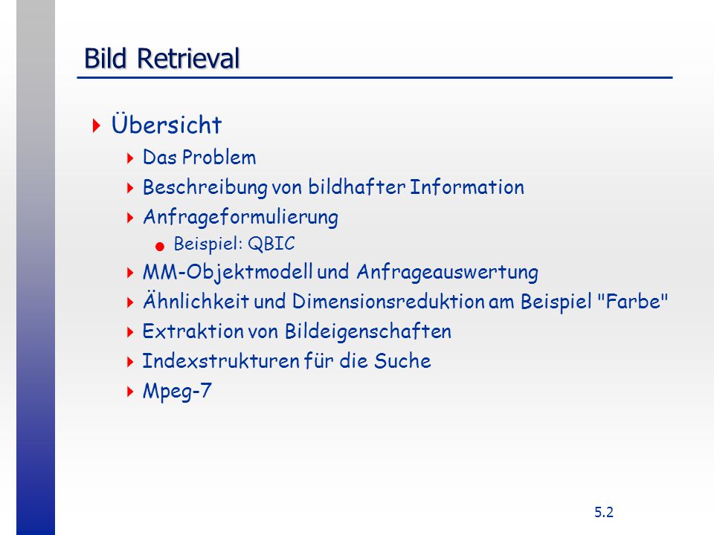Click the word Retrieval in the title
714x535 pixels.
[x=188, y=58]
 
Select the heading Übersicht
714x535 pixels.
[x=166, y=124]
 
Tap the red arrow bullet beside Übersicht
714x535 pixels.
[x=96, y=126]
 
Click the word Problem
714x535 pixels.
[x=219, y=158]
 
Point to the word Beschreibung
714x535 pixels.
[x=205, y=188]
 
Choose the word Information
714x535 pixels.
[x=467, y=187]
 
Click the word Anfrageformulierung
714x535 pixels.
[x=240, y=218]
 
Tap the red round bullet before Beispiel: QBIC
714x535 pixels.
[x=159, y=247]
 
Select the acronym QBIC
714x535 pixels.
[x=271, y=244]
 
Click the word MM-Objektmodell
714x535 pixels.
[x=228, y=273]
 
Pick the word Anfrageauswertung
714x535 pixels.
[x=447, y=273]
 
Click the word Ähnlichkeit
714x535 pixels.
[x=196, y=300]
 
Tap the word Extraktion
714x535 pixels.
[x=193, y=331]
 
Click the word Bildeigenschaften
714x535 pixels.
[x=368, y=331]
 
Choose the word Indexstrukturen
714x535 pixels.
[x=220, y=361]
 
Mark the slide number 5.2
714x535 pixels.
[x=604, y=512]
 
